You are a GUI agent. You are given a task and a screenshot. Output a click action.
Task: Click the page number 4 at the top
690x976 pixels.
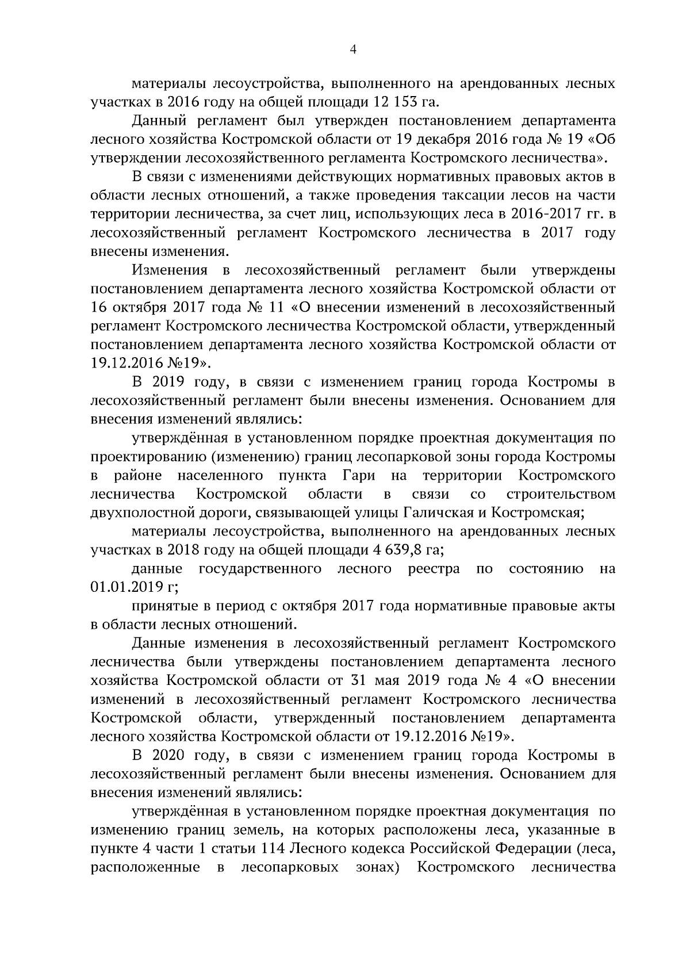pyautogui.click(x=353, y=51)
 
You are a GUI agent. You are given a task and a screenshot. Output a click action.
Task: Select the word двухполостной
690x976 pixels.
pyautogui.click(x=143, y=513)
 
